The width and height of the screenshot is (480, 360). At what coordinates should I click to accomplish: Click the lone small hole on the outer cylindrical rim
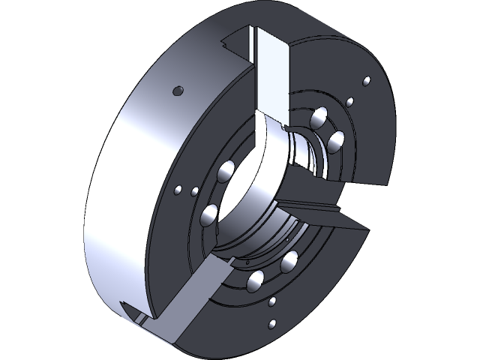pos(178,91)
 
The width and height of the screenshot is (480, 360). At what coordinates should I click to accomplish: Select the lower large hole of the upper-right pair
pos(335,139)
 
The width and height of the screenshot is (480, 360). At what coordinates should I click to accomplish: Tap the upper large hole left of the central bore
pos(223,172)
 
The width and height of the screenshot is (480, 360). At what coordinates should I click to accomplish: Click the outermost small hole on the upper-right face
pos(366,81)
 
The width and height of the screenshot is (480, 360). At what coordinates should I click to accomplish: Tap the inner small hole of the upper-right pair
pos(349,101)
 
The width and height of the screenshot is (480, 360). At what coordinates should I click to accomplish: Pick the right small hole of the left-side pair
pos(194,192)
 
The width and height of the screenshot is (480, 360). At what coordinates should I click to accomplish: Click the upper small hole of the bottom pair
pos(273,301)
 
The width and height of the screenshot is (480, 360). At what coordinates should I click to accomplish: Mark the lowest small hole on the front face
pos(271,325)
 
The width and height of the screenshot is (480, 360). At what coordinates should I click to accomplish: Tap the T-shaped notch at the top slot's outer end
pos(236,41)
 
